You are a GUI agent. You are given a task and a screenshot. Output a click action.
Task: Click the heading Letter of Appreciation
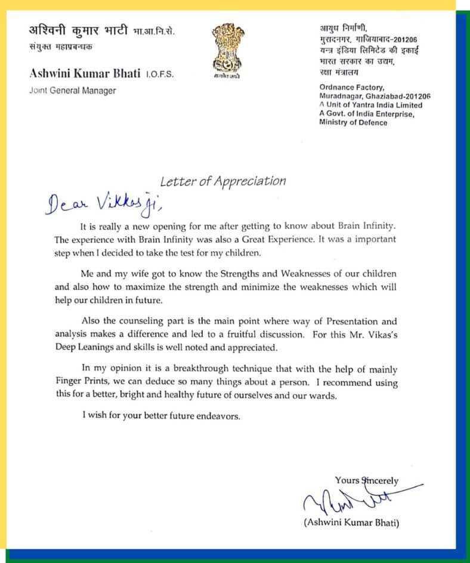point(223,181)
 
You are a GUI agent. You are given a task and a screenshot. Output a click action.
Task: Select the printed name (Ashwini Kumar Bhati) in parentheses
point(350,523)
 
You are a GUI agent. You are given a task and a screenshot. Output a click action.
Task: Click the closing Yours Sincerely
point(366,480)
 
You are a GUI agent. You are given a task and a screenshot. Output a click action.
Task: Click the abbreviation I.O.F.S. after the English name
point(162,74)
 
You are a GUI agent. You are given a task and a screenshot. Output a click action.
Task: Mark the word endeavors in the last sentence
point(217,416)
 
